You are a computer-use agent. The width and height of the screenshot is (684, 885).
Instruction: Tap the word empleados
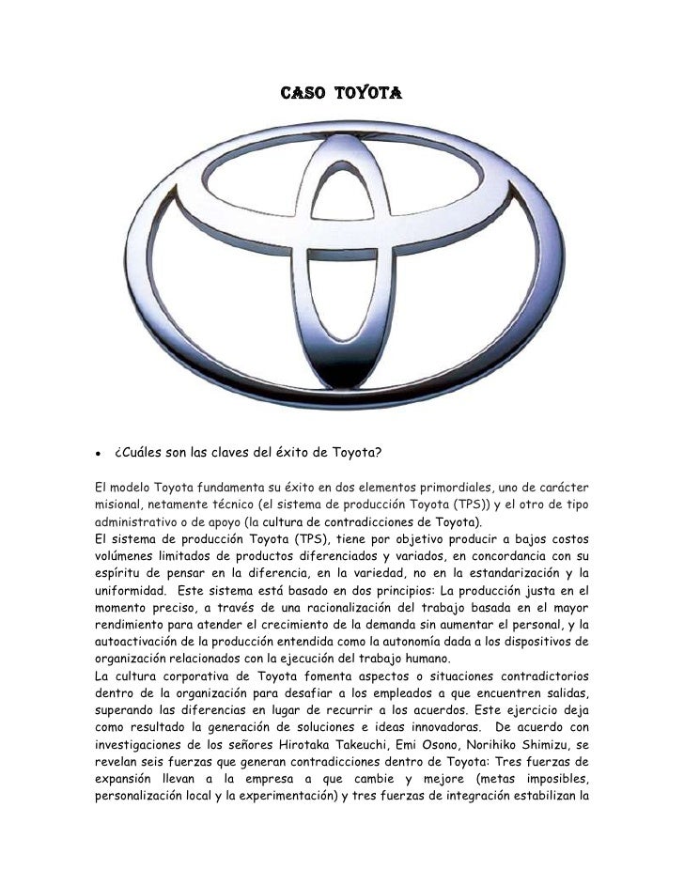tap(385, 691)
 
